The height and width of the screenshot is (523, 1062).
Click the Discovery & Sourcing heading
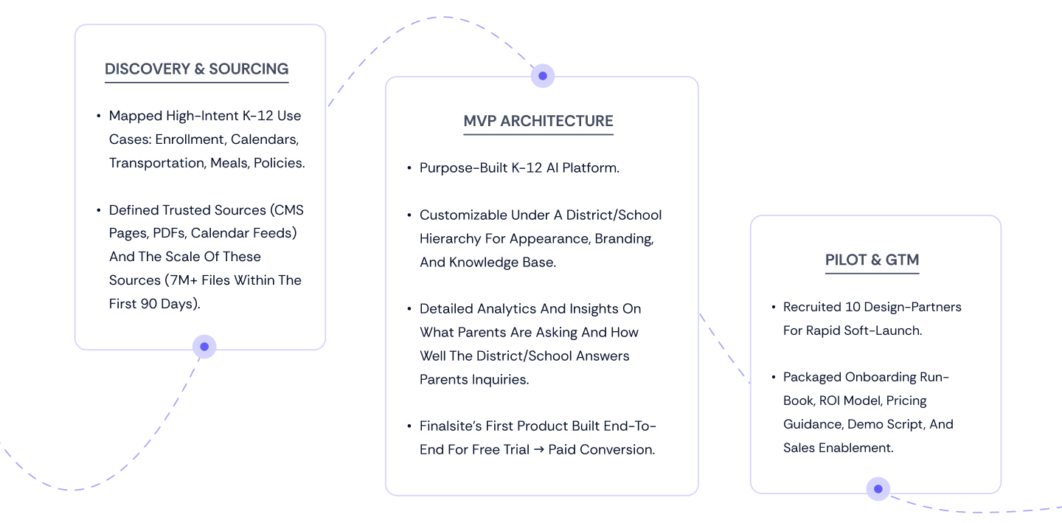tap(196, 69)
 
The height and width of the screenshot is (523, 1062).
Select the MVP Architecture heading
tap(538, 121)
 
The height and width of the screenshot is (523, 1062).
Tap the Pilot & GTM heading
tap(872, 260)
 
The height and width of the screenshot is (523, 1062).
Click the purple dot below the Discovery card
tap(204, 347)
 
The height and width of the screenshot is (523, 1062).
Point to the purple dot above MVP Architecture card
tap(543, 75)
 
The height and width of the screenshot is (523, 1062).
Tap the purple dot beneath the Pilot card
tap(878, 488)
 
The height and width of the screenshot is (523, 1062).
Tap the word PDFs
tap(170, 233)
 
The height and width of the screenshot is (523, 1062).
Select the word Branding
tap(625, 239)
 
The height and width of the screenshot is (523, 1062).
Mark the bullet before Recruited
tap(774, 307)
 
